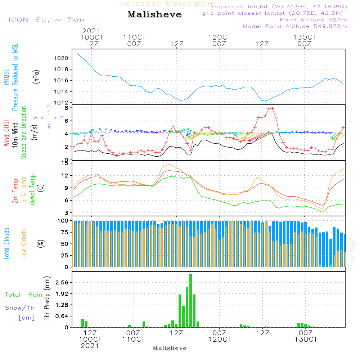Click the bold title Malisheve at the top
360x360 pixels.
tap(154, 15)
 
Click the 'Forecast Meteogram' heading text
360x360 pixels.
tap(168, 4)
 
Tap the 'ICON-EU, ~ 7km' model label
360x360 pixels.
tap(46, 20)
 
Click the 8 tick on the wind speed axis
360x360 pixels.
tap(66, 108)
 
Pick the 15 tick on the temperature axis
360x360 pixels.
tap(65, 163)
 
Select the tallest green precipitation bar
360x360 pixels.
tap(190, 301)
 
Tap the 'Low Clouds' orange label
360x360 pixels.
tap(24, 243)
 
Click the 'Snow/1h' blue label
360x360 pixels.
tap(20, 308)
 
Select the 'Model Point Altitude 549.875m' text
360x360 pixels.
tap(295, 26)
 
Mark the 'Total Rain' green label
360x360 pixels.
tap(24, 295)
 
